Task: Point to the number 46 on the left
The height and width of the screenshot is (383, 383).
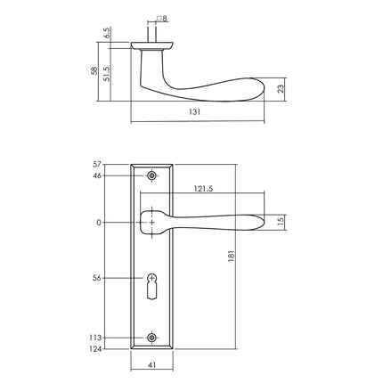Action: [99, 175]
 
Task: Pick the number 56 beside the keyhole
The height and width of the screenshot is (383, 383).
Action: [99, 279]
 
